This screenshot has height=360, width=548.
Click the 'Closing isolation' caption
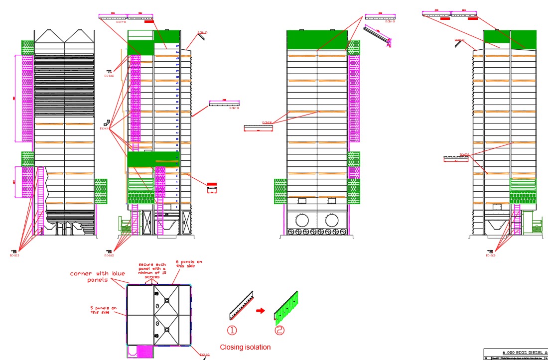point(246,347)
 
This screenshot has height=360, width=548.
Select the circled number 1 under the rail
point(233,330)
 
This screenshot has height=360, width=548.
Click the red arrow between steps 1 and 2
point(260,311)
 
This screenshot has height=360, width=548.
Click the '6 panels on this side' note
point(189,263)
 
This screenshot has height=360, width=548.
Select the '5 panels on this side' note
point(104,310)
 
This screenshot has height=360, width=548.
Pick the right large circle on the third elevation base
point(333,220)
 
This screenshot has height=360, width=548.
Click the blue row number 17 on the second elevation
point(177,108)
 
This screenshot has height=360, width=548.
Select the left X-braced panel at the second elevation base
point(147,221)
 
